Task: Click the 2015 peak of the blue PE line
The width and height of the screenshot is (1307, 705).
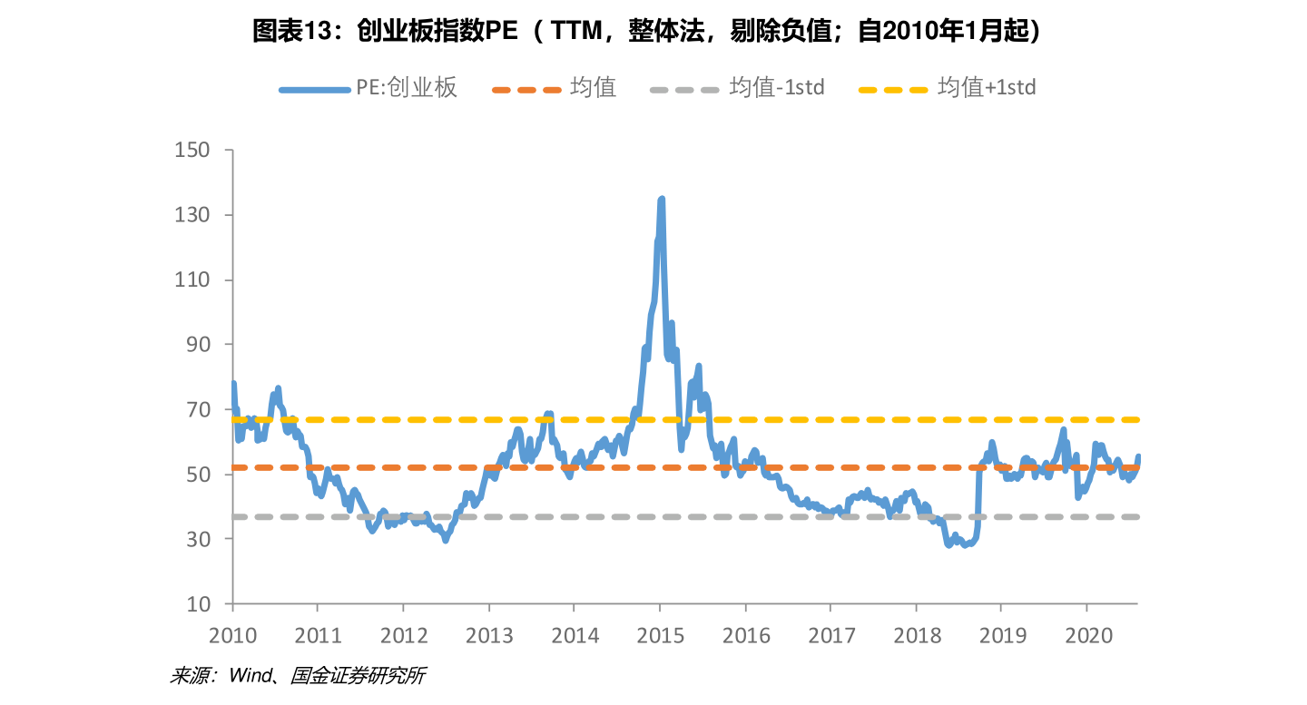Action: pyautogui.click(x=661, y=199)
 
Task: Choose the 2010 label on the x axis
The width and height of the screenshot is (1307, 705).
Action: pyautogui.click(x=233, y=635)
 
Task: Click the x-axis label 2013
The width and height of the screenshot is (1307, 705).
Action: pyautogui.click(x=490, y=635)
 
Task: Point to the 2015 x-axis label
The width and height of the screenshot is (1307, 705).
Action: pyautogui.click(x=661, y=635)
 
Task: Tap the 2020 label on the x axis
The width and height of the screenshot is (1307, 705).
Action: pyautogui.click(x=1088, y=635)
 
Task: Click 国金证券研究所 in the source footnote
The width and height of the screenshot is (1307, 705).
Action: pyautogui.click(x=359, y=676)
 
